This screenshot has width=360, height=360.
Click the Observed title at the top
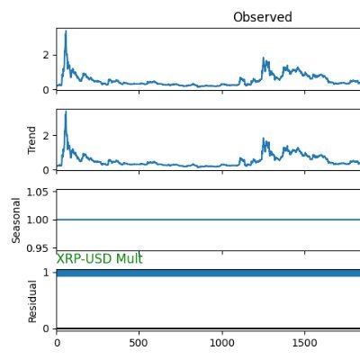[x=263, y=17]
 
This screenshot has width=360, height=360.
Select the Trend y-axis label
[x=31, y=140]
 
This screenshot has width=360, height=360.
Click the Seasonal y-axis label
[x=16, y=220]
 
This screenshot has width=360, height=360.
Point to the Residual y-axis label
[x=32, y=301]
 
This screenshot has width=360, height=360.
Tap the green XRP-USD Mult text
[x=99, y=258]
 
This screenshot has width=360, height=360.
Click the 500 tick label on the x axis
[x=139, y=343]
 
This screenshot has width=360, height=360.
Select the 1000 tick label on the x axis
[x=222, y=343]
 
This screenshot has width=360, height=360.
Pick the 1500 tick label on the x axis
[x=304, y=343]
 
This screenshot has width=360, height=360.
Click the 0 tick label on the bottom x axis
[x=57, y=343]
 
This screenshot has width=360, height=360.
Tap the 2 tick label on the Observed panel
[x=46, y=55]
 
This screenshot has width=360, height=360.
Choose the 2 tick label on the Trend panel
[x=46, y=136]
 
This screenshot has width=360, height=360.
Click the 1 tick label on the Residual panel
[x=46, y=273]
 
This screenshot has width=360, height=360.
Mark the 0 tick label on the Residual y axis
[x=46, y=328]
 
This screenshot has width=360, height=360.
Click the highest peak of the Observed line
[x=66, y=31]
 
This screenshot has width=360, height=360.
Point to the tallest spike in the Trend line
[x=66, y=112]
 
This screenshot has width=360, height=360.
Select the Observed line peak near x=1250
[x=264, y=58]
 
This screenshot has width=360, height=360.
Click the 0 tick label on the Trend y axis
[x=46, y=170]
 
